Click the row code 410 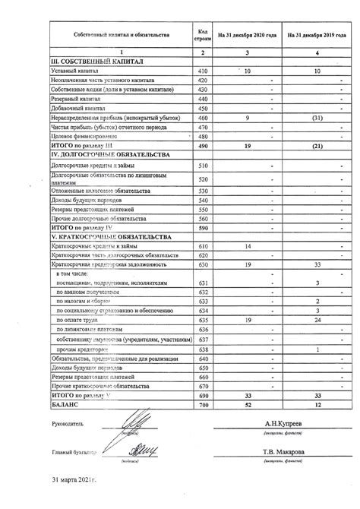click(203, 71)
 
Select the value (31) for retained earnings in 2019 click(318, 118)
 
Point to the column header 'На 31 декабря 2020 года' click(248, 36)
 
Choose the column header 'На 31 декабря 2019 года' click(318, 36)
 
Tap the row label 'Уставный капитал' click(75, 71)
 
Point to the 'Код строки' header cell click(203, 36)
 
